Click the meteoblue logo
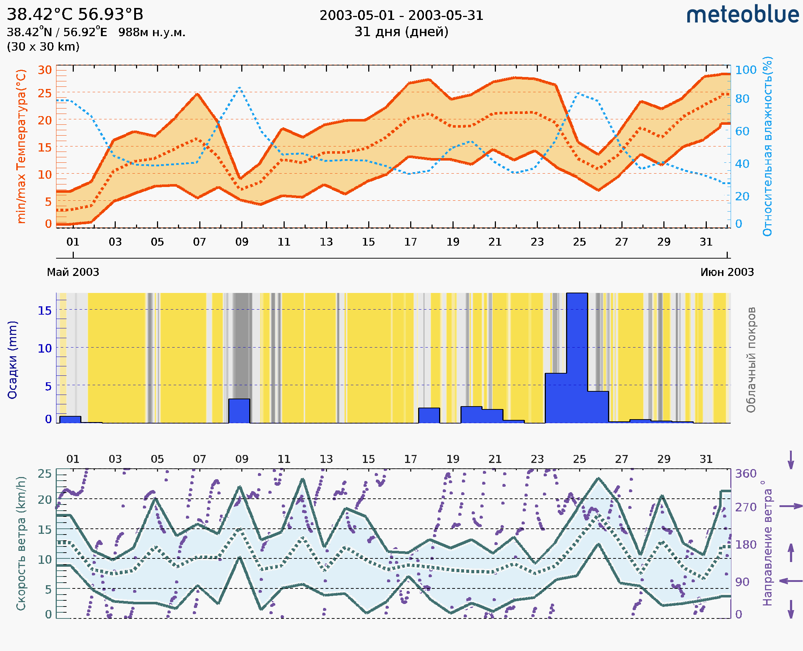pyautogui.click(x=742, y=15)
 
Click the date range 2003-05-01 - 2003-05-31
pyautogui.click(x=401, y=16)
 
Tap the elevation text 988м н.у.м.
pyautogui.click(x=152, y=32)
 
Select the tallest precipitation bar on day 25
pyautogui.click(x=577, y=358)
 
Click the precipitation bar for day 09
pyautogui.click(x=239, y=411)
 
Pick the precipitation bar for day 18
pyautogui.click(x=429, y=416)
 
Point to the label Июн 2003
pyautogui.click(x=727, y=272)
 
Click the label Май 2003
pyautogui.click(x=73, y=272)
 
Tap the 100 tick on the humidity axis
pyautogui.click(x=745, y=70)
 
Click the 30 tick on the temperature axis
pyautogui.click(x=45, y=70)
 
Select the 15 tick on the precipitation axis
pyautogui.click(x=44, y=311)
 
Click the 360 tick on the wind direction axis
pyautogui.click(x=745, y=474)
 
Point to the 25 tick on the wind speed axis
pyautogui.click(x=44, y=474)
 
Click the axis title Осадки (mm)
pyautogui.click(x=12, y=360)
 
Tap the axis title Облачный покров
pyautogui.click(x=751, y=360)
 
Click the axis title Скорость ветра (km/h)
pyautogui.click(x=21, y=544)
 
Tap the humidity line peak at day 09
pyautogui.click(x=240, y=88)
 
